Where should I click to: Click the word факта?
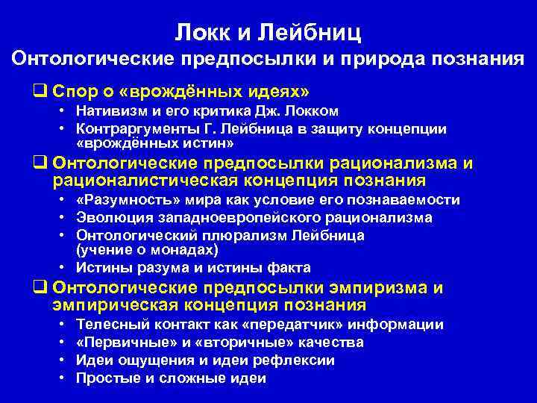[286, 268]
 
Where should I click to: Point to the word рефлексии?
[300, 360]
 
